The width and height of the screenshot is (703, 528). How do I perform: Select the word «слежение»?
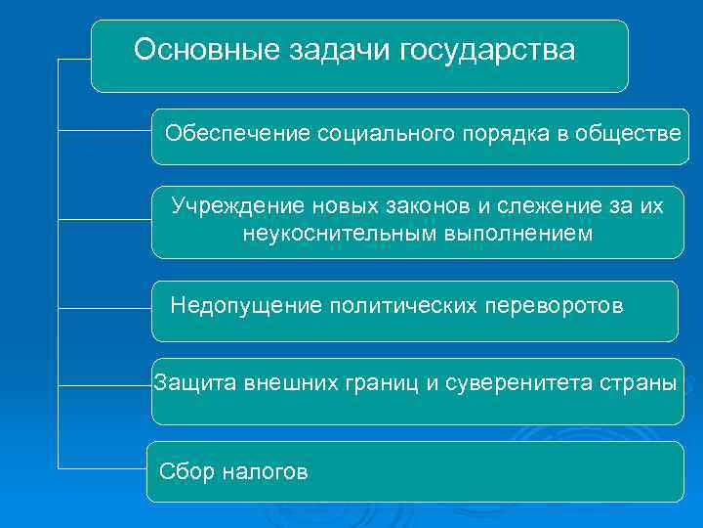pyautogui.click(x=542, y=206)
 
